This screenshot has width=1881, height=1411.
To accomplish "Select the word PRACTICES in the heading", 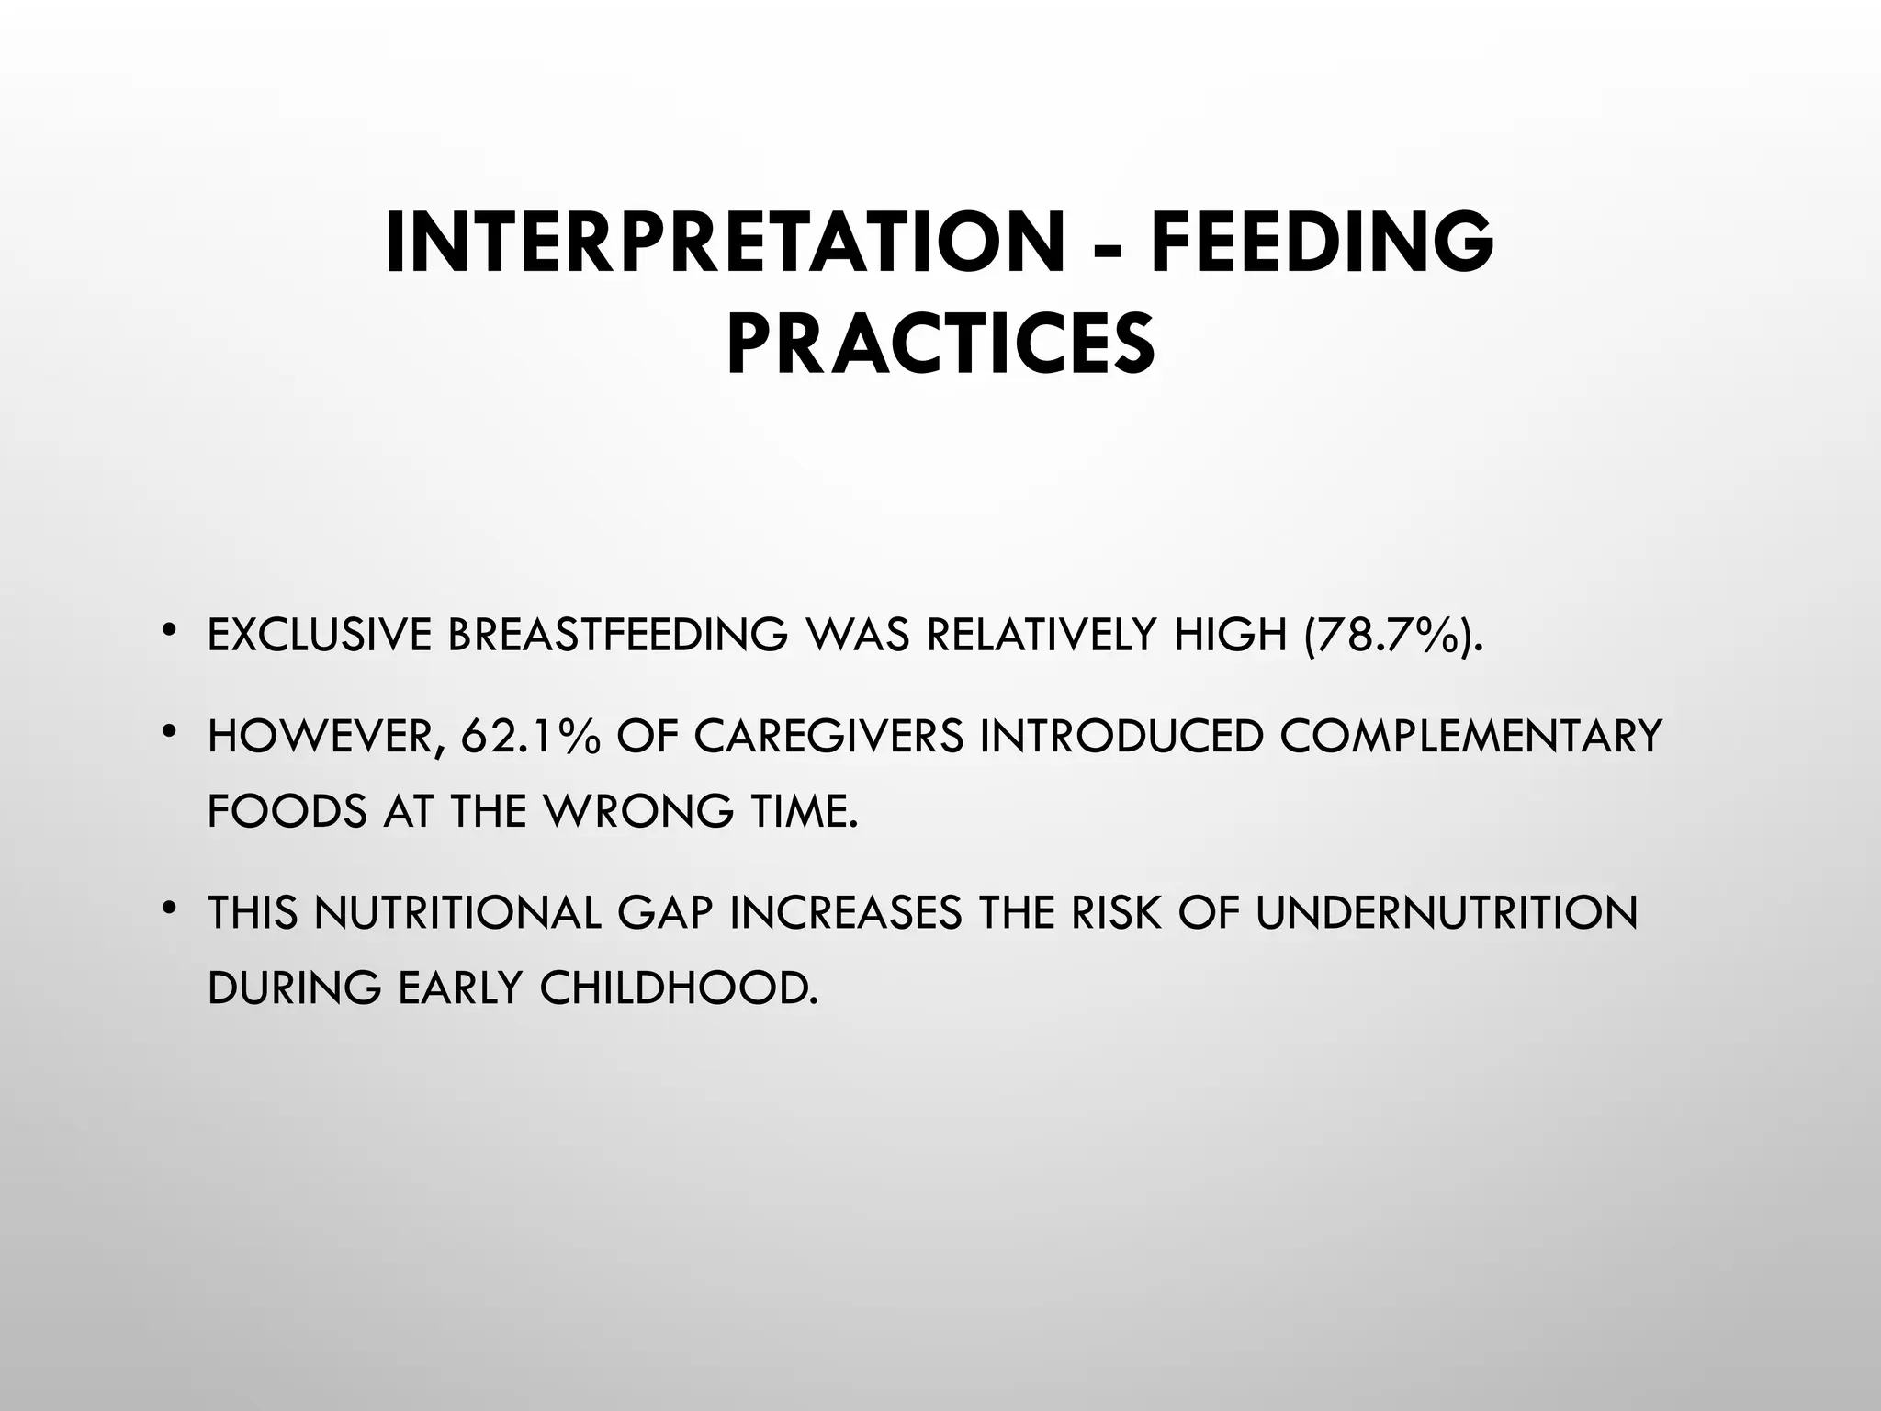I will click(x=940, y=345).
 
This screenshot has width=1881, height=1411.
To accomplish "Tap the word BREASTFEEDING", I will click(x=617, y=635).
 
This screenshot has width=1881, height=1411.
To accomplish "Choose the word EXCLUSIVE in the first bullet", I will click(x=319, y=635).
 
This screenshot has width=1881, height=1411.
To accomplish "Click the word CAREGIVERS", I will click(x=829, y=737).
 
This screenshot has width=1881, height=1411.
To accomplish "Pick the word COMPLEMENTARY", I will click(x=1470, y=737).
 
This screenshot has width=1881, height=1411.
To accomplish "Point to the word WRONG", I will click(x=640, y=811).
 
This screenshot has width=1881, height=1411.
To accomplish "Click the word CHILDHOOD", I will click(x=677, y=988).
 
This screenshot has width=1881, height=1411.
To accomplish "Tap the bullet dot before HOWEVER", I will click(x=167, y=732).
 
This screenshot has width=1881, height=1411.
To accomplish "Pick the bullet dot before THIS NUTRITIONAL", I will click(x=167, y=909).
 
